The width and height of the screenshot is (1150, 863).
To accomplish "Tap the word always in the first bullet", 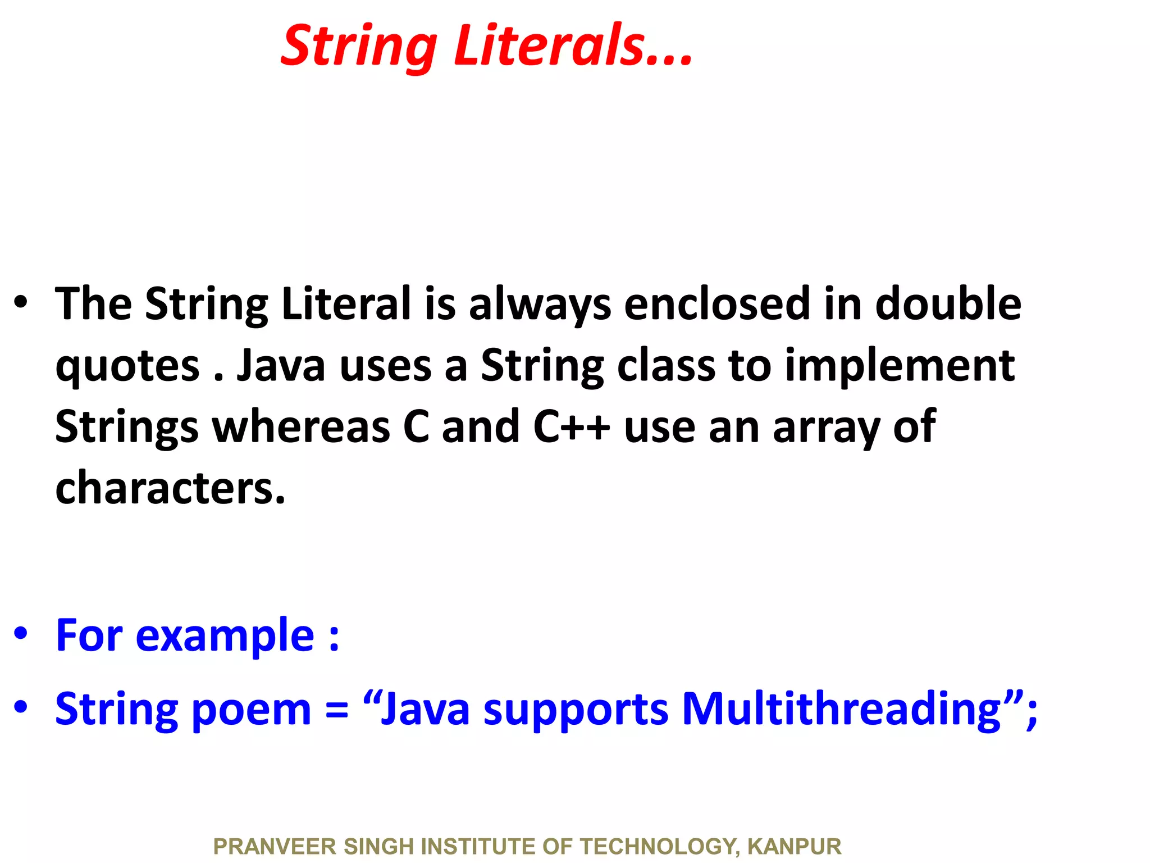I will (x=540, y=305).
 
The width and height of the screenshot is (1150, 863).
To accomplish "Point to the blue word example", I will (x=225, y=637).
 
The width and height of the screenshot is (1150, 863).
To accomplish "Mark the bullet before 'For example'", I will (x=21, y=633).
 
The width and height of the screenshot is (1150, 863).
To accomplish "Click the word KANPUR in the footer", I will (x=794, y=846).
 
